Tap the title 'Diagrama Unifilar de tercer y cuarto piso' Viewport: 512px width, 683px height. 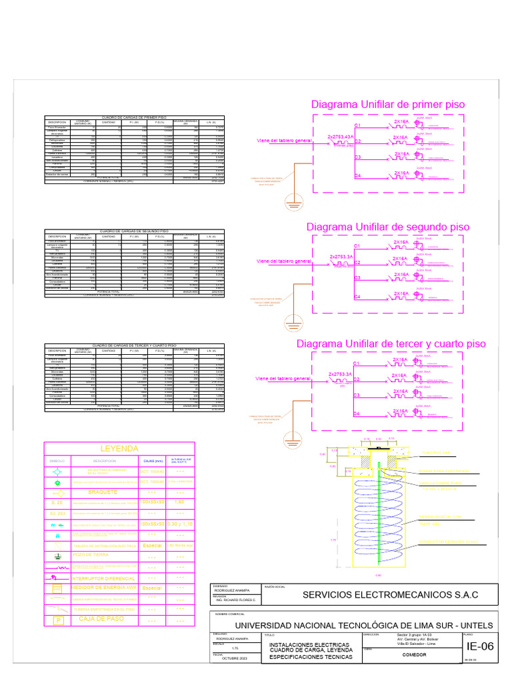point(391,344)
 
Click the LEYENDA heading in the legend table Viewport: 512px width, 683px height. point(118,448)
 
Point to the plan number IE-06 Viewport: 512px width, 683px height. point(480,646)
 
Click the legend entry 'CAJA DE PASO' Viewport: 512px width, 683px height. point(102,619)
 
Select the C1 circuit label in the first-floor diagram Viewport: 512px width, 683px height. point(357,125)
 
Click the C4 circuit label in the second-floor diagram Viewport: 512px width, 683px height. point(357,295)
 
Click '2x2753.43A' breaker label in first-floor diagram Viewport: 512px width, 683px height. point(340,137)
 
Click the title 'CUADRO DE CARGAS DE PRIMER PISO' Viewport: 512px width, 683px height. point(133,116)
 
